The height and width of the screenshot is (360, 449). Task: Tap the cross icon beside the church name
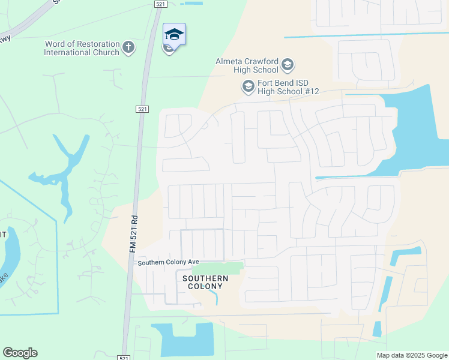[x=128, y=47]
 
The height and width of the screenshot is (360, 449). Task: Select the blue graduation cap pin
[x=174, y=35]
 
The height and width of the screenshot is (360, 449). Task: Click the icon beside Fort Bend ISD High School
[x=248, y=87]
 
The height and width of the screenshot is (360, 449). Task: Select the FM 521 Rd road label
[x=134, y=234]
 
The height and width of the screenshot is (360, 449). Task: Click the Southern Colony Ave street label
[x=168, y=263]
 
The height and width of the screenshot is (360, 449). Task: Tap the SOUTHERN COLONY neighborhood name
[x=205, y=283]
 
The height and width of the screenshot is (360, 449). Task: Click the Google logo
[x=20, y=353]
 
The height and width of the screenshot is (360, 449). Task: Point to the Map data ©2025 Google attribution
[x=412, y=355]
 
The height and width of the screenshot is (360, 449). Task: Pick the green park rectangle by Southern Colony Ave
[x=221, y=268]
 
